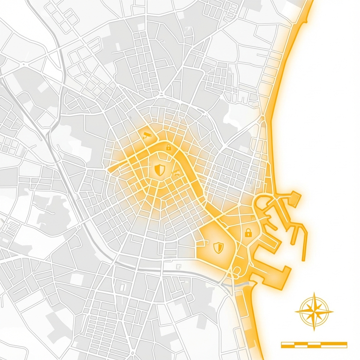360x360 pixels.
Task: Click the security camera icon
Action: (x=147, y=135)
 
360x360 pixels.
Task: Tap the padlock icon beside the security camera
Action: (x=168, y=147)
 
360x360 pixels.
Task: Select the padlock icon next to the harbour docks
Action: (x=248, y=232)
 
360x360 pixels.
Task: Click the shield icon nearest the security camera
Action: (x=160, y=170)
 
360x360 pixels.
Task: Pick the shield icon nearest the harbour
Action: (x=218, y=247)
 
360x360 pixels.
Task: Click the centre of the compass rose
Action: (x=314, y=311)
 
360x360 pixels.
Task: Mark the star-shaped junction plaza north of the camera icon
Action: (x=161, y=94)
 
